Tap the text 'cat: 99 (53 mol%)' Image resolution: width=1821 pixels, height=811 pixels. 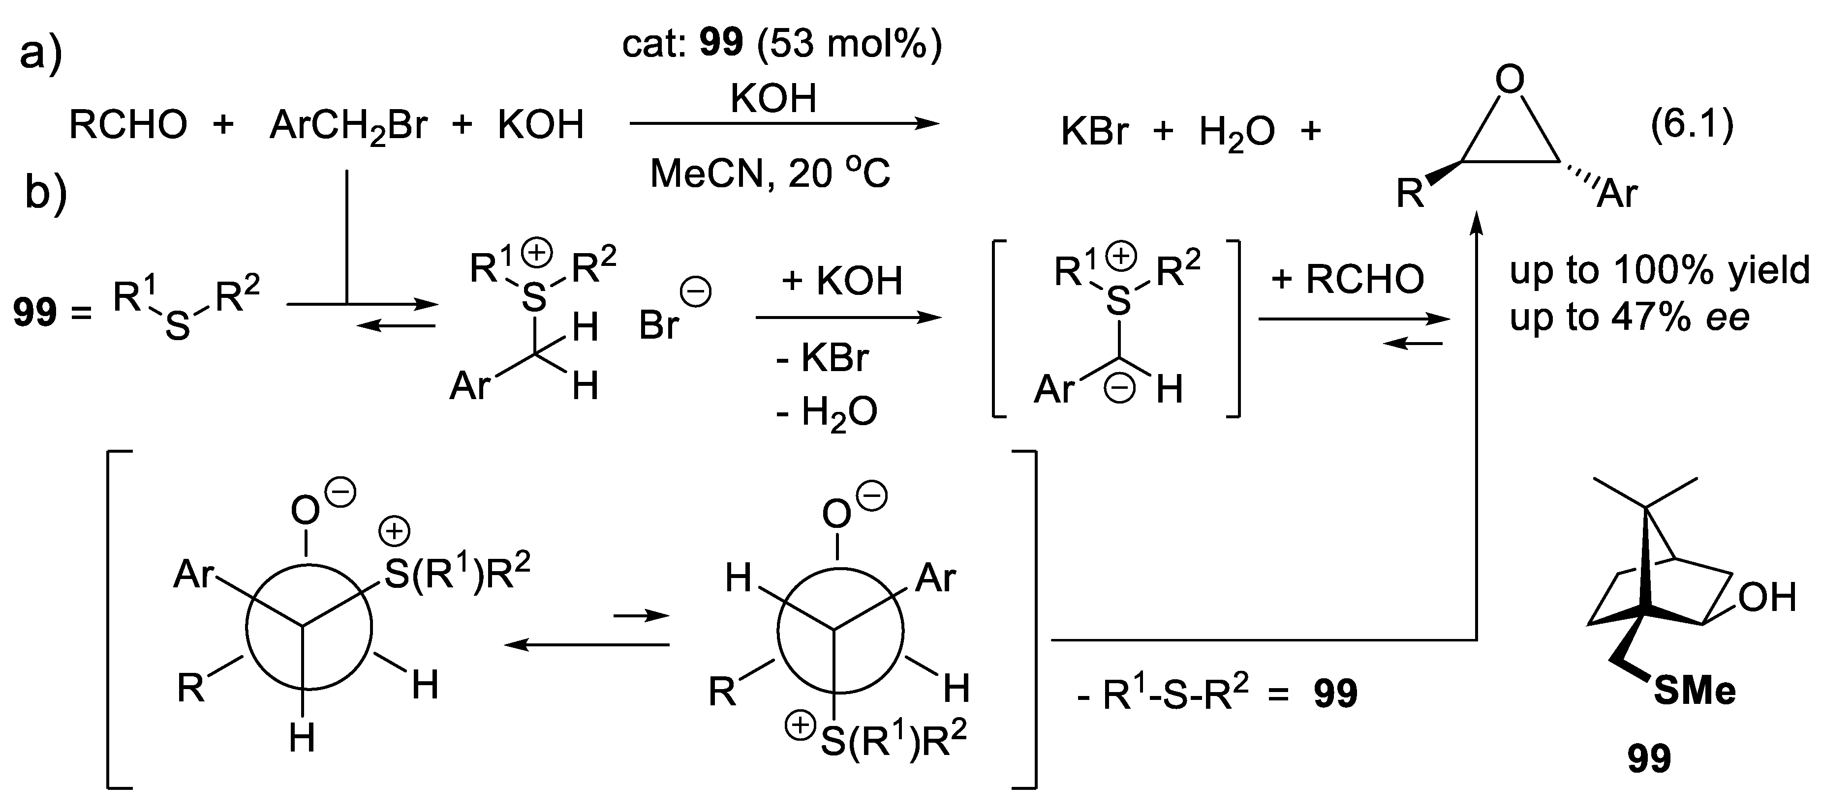[x=782, y=43]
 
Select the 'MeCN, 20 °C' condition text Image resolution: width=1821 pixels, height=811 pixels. [x=770, y=173]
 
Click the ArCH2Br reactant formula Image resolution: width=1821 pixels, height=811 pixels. [x=348, y=126]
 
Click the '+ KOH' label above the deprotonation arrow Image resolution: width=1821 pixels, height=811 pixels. [x=841, y=281]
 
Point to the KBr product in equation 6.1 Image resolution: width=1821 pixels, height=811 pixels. [x=1095, y=131]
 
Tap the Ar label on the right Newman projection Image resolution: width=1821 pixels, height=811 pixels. [x=935, y=579]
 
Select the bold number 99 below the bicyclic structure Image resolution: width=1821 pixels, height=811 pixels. [x=1649, y=759]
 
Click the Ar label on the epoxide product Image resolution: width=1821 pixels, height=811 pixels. [x=1617, y=192]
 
